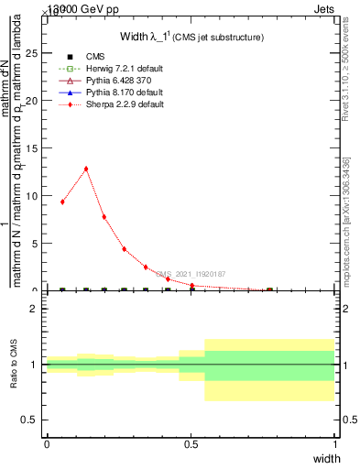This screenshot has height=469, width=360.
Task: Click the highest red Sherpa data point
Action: click(x=86, y=169)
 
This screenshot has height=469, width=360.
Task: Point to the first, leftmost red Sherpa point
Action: click(x=62, y=202)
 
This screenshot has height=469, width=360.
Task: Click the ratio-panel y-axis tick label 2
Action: click(x=33, y=309)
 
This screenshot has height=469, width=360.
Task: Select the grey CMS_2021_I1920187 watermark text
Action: click(x=190, y=274)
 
